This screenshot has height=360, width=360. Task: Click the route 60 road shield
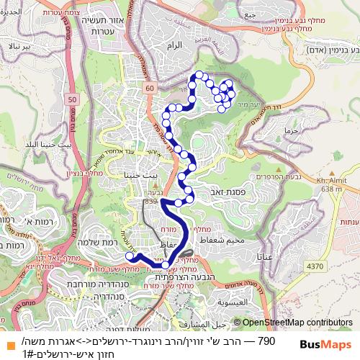pyautogui.click(x=149, y=87)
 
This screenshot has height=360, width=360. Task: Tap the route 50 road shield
pyautogui.click(x=72, y=99)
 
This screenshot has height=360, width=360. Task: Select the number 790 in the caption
pyautogui.click(x=266, y=339)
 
